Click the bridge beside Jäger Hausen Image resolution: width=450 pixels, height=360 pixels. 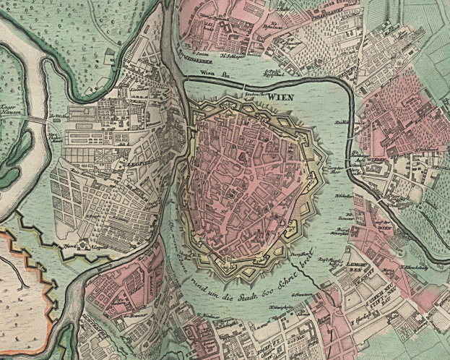(36, 118)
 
